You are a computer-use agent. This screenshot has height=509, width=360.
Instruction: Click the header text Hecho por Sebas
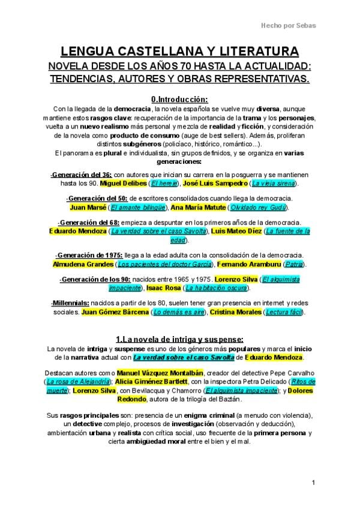(x=287, y=25)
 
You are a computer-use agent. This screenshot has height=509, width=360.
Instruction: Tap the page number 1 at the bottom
(x=314, y=483)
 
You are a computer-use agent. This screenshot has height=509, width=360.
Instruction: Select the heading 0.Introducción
(x=179, y=99)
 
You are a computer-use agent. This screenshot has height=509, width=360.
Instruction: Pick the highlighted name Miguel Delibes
(x=123, y=182)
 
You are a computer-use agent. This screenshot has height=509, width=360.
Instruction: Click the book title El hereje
(x=164, y=182)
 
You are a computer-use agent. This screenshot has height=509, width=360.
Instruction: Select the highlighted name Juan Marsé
(x=88, y=208)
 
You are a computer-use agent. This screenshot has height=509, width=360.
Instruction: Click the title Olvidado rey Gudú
(x=259, y=208)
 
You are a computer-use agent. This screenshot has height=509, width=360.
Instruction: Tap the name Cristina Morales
(x=233, y=313)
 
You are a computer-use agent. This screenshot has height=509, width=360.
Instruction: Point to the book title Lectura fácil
(x=287, y=313)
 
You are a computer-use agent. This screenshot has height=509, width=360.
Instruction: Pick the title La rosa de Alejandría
(x=77, y=382)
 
